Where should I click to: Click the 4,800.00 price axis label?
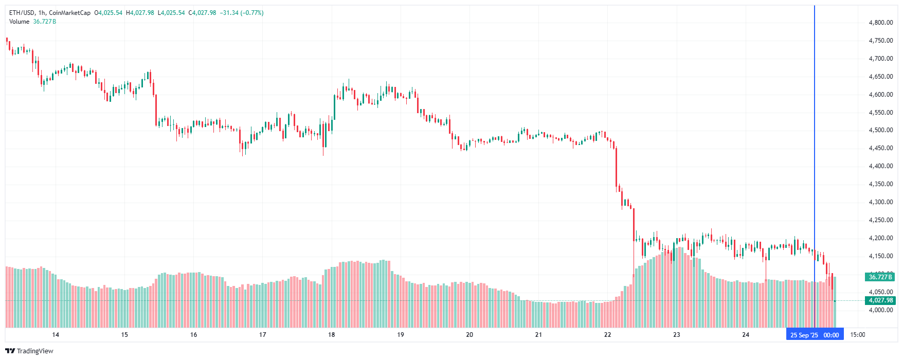pos(880,23)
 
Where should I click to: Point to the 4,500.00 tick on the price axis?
pos(880,131)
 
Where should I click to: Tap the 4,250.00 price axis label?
pos(880,220)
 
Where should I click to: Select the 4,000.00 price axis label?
pos(880,310)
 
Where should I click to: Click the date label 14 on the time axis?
pos(56,335)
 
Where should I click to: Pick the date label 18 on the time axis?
pos(332,335)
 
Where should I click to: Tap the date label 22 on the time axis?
pos(607,335)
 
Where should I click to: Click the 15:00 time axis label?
pos(857,335)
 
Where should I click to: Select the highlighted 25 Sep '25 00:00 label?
pos(815,335)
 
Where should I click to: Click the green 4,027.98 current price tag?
pos(880,300)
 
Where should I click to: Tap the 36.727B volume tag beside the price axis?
pos(880,277)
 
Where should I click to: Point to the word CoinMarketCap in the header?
pos(69,13)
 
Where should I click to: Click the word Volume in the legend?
pos(20,22)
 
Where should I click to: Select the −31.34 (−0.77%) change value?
pos(242,13)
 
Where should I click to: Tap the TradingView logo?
pos(29,351)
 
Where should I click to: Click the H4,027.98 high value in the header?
pos(140,13)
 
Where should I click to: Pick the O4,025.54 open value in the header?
pos(109,13)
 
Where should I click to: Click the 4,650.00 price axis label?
pos(880,77)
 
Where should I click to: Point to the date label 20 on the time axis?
pos(469,335)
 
